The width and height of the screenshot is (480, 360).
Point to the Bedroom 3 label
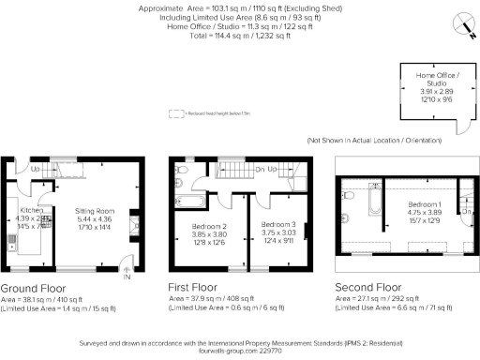click(277, 226)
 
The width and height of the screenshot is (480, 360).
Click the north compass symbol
click(460, 23)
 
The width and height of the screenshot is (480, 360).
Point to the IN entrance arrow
click(127, 274)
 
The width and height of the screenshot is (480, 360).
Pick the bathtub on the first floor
click(192, 199)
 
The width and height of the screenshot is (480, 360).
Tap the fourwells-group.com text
click(239, 351)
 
